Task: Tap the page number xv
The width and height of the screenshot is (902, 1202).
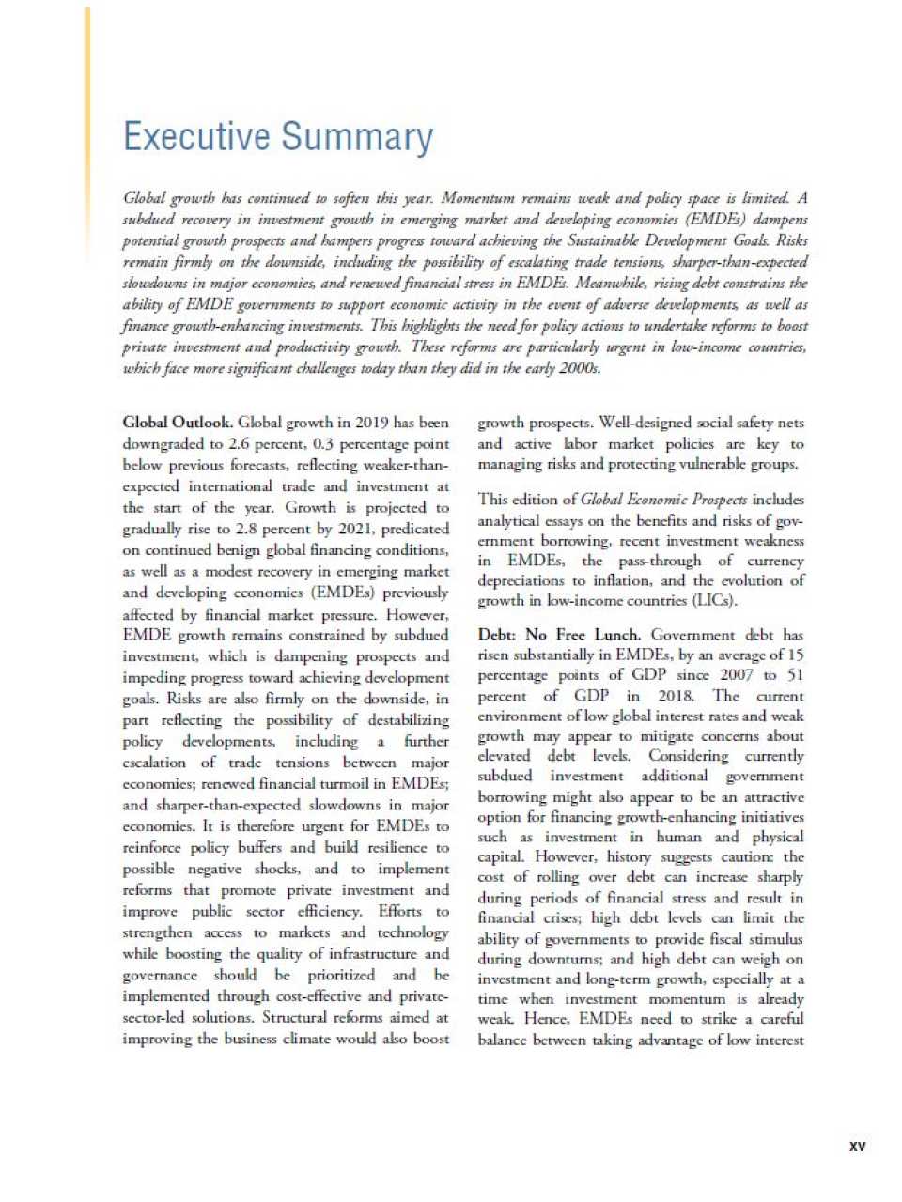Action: (857, 1146)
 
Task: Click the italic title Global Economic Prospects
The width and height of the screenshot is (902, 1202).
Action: (663, 500)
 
